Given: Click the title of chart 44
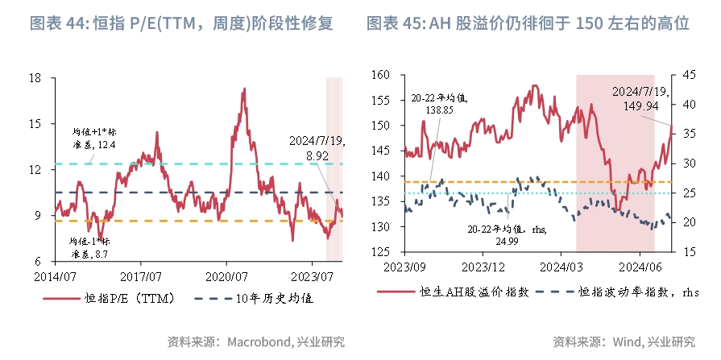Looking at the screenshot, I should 181,23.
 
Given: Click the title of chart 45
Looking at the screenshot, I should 528,23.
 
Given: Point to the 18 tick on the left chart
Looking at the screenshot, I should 35,78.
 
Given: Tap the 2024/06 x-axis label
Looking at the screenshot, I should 640,267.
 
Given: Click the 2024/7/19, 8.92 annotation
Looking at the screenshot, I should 317,147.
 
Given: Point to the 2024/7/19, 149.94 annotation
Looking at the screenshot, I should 641,97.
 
